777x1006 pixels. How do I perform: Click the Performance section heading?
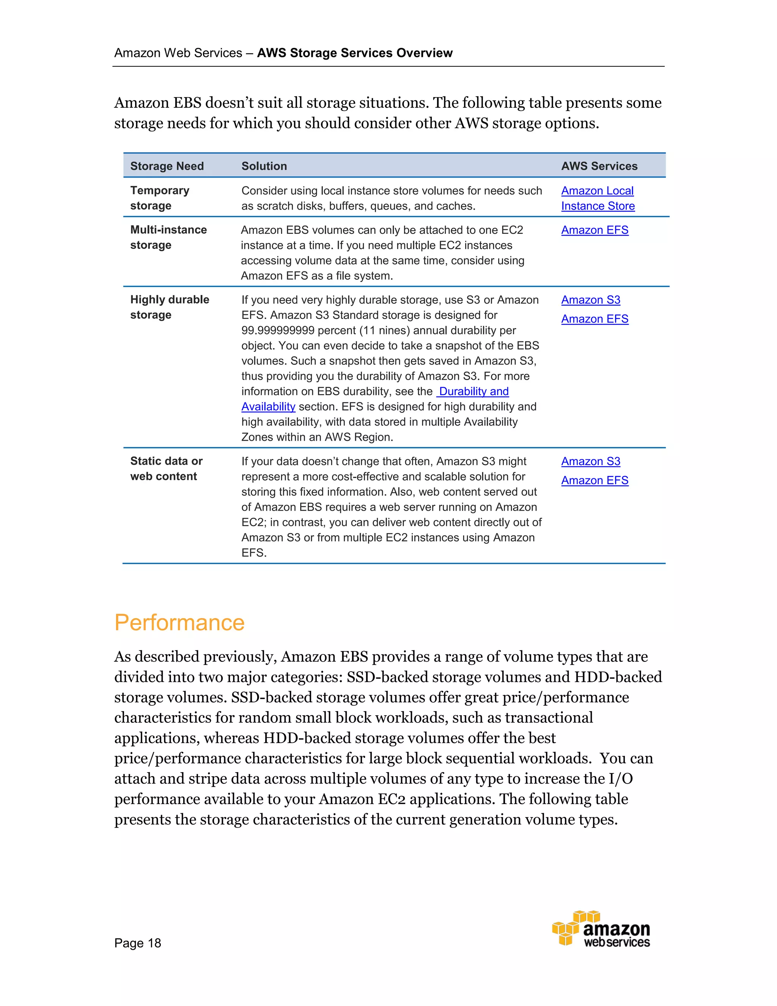[179, 622]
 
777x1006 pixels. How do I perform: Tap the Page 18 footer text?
[138, 943]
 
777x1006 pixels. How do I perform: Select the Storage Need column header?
[167, 166]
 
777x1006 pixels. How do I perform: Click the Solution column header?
[264, 166]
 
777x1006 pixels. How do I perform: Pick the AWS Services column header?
[599, 166]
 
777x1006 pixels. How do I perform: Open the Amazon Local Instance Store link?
[597, 198]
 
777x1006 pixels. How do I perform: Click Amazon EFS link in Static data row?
[594, 481]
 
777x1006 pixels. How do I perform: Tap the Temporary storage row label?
[159, 198]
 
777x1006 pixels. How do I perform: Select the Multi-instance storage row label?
[168, 237]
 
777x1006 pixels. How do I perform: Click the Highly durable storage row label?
[169, 307]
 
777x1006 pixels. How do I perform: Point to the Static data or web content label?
[166, 468]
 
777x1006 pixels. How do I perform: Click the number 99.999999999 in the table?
[278, 330]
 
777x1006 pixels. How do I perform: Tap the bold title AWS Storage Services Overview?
[354, 53]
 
